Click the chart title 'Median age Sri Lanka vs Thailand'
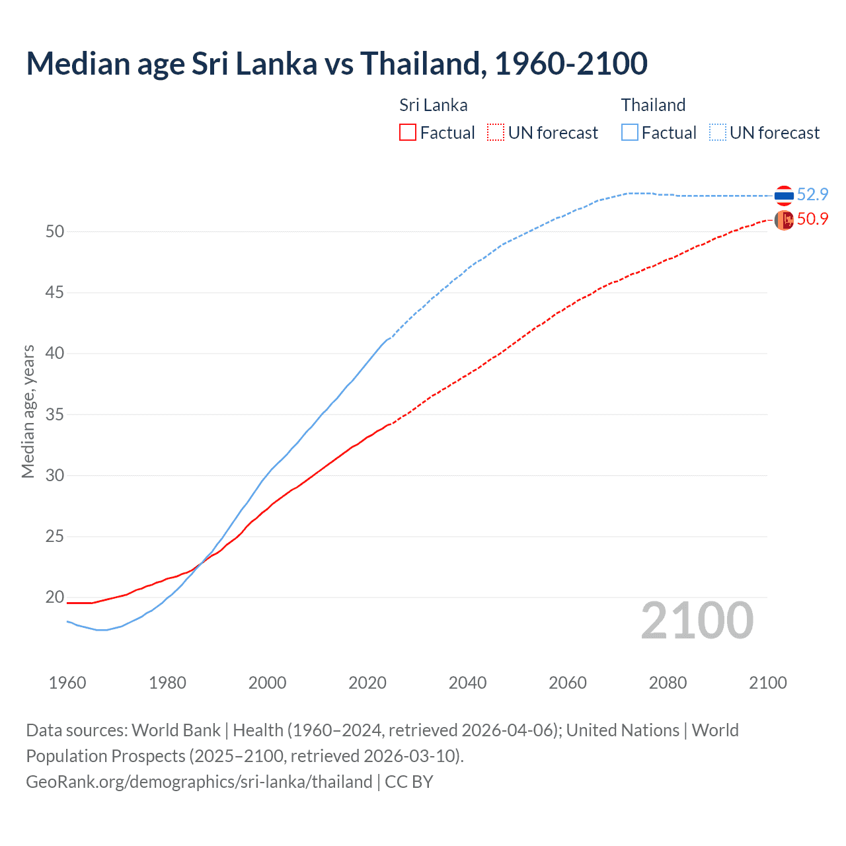[x=336, y=63]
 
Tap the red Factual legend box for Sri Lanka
[x=408, y=132]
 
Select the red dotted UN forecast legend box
[x=496, y=132]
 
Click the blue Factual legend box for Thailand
[x=630, y=132]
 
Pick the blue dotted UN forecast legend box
[x=718, y=132]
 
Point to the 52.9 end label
[x=812, y=194]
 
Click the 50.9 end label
[x=812, y=219]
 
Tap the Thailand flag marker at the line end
[x=784, y=196]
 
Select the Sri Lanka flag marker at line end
[x=784, y=220]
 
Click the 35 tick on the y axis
[x=54, y=414]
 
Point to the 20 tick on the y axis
[x=54, y=597]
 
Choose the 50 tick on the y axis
[x=54, y=231]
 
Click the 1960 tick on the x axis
[x=67, y=683]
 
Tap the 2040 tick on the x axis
[x=467, y=683]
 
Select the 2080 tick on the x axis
[x=668, y=683]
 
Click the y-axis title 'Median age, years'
[x=28, y=411]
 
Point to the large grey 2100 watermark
[x=697, y=620]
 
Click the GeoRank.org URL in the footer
[x=199, y=782]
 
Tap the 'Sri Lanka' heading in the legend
[x=433, y=105]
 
